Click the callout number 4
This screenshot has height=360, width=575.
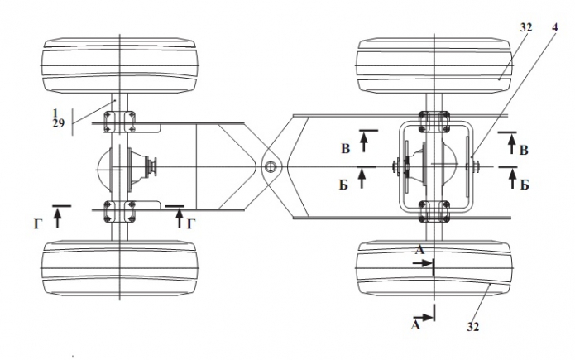(x=555, y=27)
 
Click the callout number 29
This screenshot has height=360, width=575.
(x=59, y=123)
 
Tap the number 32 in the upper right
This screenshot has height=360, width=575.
(x=525, y=27)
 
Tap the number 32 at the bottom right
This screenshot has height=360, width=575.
(x=473, y=327)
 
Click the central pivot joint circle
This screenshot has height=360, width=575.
(x=271, y=168)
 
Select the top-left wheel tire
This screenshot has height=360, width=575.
(x=120, y=65)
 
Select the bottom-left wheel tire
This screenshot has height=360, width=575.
(x=120, y=268)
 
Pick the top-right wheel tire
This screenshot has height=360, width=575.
(x=434, y=65)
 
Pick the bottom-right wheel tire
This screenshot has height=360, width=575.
(x=434, y=268)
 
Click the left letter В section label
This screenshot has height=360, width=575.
(x=346, y=149)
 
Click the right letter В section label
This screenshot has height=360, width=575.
(x=524, y=151)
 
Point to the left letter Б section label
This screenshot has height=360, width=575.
(x=343, y=185)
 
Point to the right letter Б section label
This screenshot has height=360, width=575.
(x=525, y=185)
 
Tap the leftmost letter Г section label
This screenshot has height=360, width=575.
(x=37, y=223)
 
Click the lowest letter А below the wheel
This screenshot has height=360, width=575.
(x=415, y=325)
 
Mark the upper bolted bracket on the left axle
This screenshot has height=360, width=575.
(x=119, y=121)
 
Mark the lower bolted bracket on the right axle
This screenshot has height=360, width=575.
(x=434, y=211)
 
